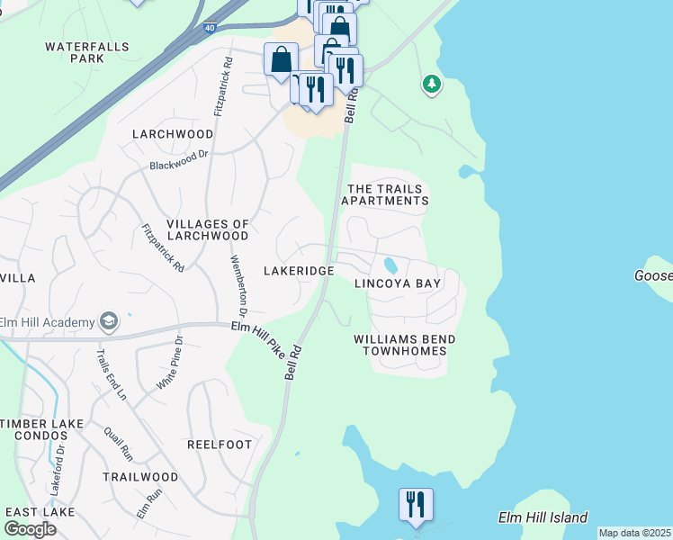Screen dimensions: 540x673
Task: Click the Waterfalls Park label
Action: [x=87, y=51]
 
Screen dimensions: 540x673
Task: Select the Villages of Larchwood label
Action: [x=208, y=230]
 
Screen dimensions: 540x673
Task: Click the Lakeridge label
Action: [x=299, y=270]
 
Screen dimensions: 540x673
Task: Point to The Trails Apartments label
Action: [x=388, y=194]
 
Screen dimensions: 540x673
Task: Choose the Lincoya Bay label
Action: [x=398, y=283]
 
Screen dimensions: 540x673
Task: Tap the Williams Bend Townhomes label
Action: [x=404, y=346]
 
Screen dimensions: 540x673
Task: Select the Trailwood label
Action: [x=140, y=476]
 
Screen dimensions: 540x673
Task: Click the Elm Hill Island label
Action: [x=543, y=517]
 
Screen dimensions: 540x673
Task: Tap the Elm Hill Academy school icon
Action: [x=109, y=321]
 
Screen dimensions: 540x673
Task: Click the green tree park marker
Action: [x=432, y=85]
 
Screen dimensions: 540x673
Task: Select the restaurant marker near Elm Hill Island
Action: [x=416, y=504]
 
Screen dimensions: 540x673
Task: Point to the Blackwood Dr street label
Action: [x=178, y=159]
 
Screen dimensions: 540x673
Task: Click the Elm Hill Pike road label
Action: [x=257, y=340]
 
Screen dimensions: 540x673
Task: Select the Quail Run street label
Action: [x=118, y=444]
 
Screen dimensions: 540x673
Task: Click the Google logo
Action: [x=31, y=528]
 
